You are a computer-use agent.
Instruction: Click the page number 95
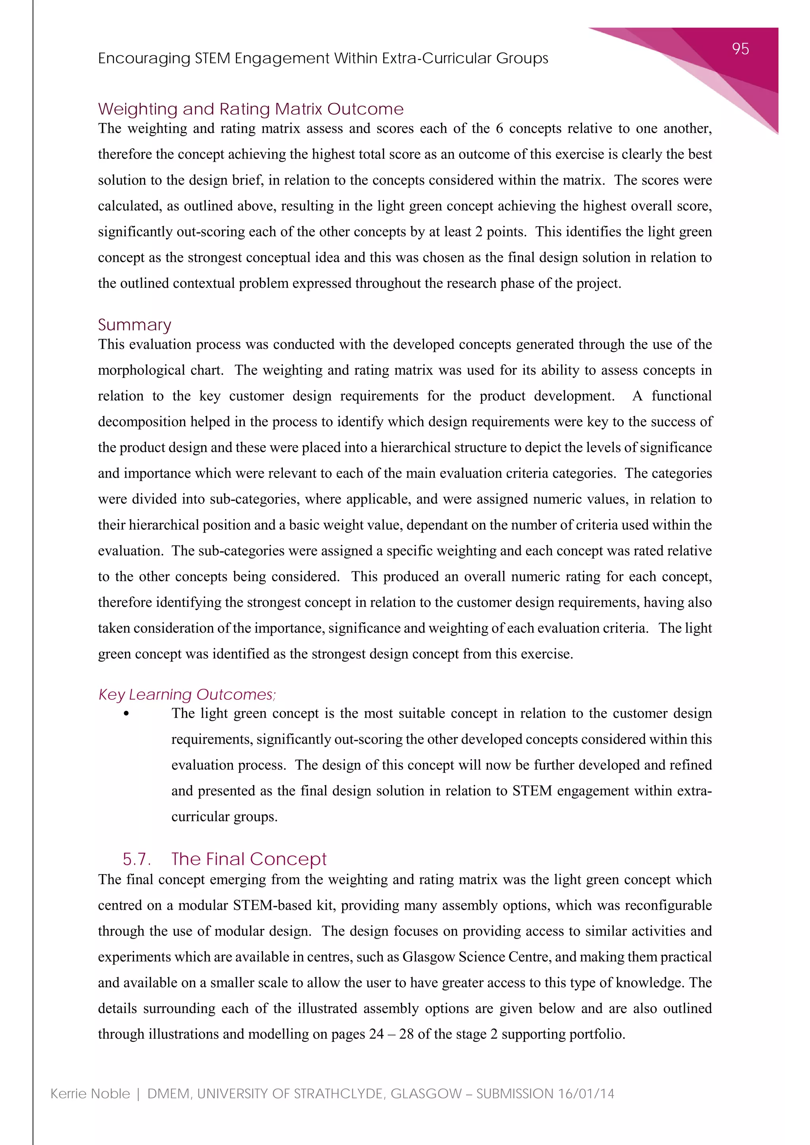pos(740,49)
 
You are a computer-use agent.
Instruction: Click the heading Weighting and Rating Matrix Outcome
pos(250,109)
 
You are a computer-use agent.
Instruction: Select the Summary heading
pos(134,325)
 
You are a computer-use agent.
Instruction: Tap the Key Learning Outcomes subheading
pos(187,694)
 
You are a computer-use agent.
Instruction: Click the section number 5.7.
pos(136,859)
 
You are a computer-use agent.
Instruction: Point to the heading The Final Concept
pos(248,859)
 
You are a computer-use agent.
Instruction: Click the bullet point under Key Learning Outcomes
pos(126,714)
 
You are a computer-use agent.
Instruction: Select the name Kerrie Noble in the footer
pos(90,1094)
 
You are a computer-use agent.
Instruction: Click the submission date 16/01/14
pos(586,1094)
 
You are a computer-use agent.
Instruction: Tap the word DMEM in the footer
pos(168,1094)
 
